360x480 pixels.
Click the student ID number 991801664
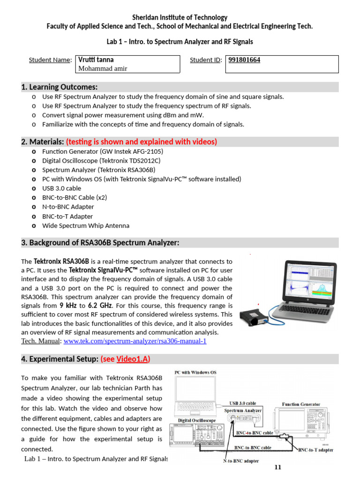(x=244, y=60)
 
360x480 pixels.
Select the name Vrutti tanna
(x=96, y=60)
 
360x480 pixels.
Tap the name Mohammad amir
(x=102, y=68)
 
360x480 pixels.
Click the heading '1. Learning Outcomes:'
(x=59, y=87)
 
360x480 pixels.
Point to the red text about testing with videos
(x=141, y=142)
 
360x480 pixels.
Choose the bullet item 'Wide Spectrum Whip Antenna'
(x=86, y=225)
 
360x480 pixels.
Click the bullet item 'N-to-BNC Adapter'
(x=68, y=207)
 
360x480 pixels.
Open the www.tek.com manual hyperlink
(x=135, y=341)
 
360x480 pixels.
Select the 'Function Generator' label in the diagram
(x=301, y=404)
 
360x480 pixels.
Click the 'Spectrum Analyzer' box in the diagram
(x=242, y=410)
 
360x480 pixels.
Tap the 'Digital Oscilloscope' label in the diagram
(x=197, y=420)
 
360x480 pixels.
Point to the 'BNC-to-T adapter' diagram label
(x=315, y=450)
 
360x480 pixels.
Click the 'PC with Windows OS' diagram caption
(x=195, y=372)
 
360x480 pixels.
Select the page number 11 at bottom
(x=277, y=467)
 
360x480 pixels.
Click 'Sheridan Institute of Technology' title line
(x=180, y=17)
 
